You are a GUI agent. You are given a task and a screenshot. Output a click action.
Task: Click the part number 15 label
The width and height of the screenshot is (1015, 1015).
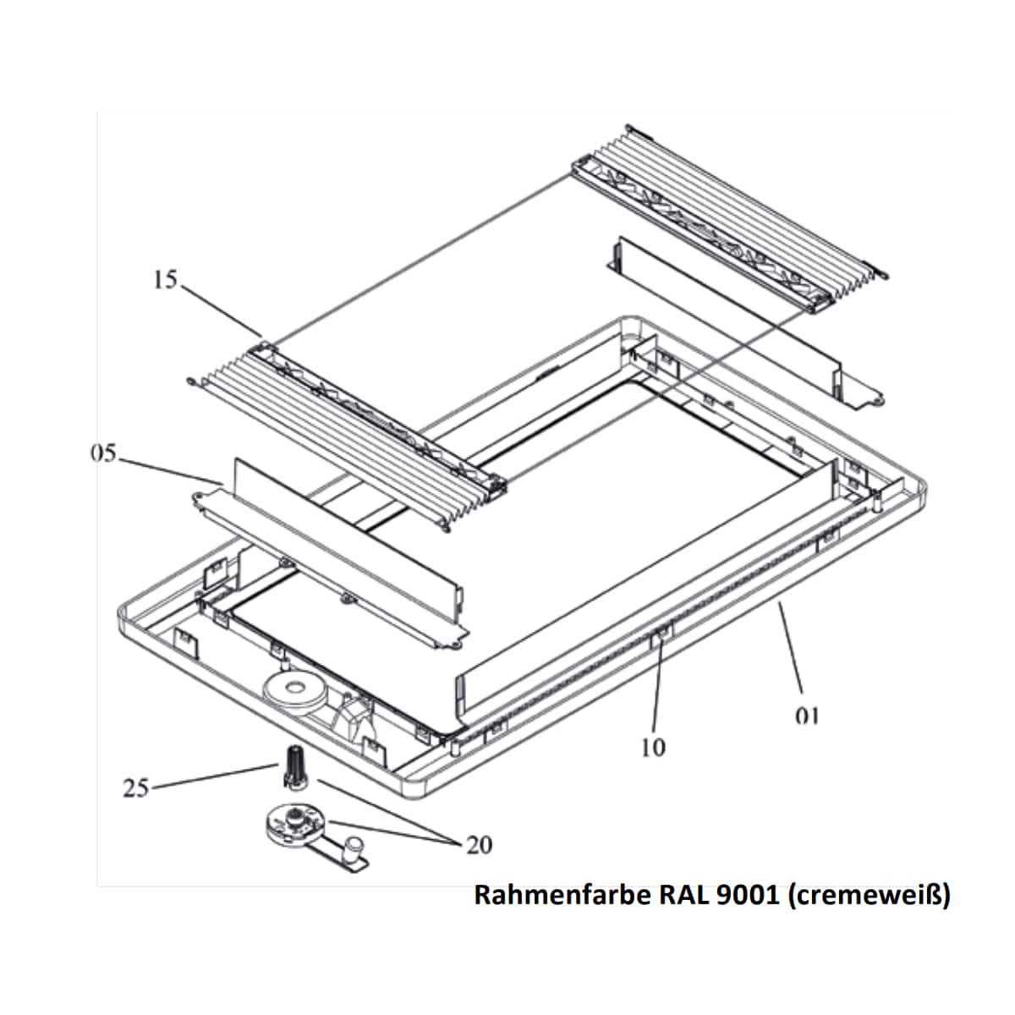pos(166,279)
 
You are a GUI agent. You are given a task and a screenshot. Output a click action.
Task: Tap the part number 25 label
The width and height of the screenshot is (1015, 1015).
pos(135,788)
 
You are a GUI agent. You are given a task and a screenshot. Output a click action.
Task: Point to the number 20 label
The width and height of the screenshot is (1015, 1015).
pos(479,845)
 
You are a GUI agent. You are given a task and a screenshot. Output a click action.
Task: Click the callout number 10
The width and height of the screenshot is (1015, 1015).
pos(653,748)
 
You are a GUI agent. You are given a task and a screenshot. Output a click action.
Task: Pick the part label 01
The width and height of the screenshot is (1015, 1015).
pos(808,716)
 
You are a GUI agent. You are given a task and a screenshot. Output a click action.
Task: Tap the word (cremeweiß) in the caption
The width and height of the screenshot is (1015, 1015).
pos(869,895)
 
